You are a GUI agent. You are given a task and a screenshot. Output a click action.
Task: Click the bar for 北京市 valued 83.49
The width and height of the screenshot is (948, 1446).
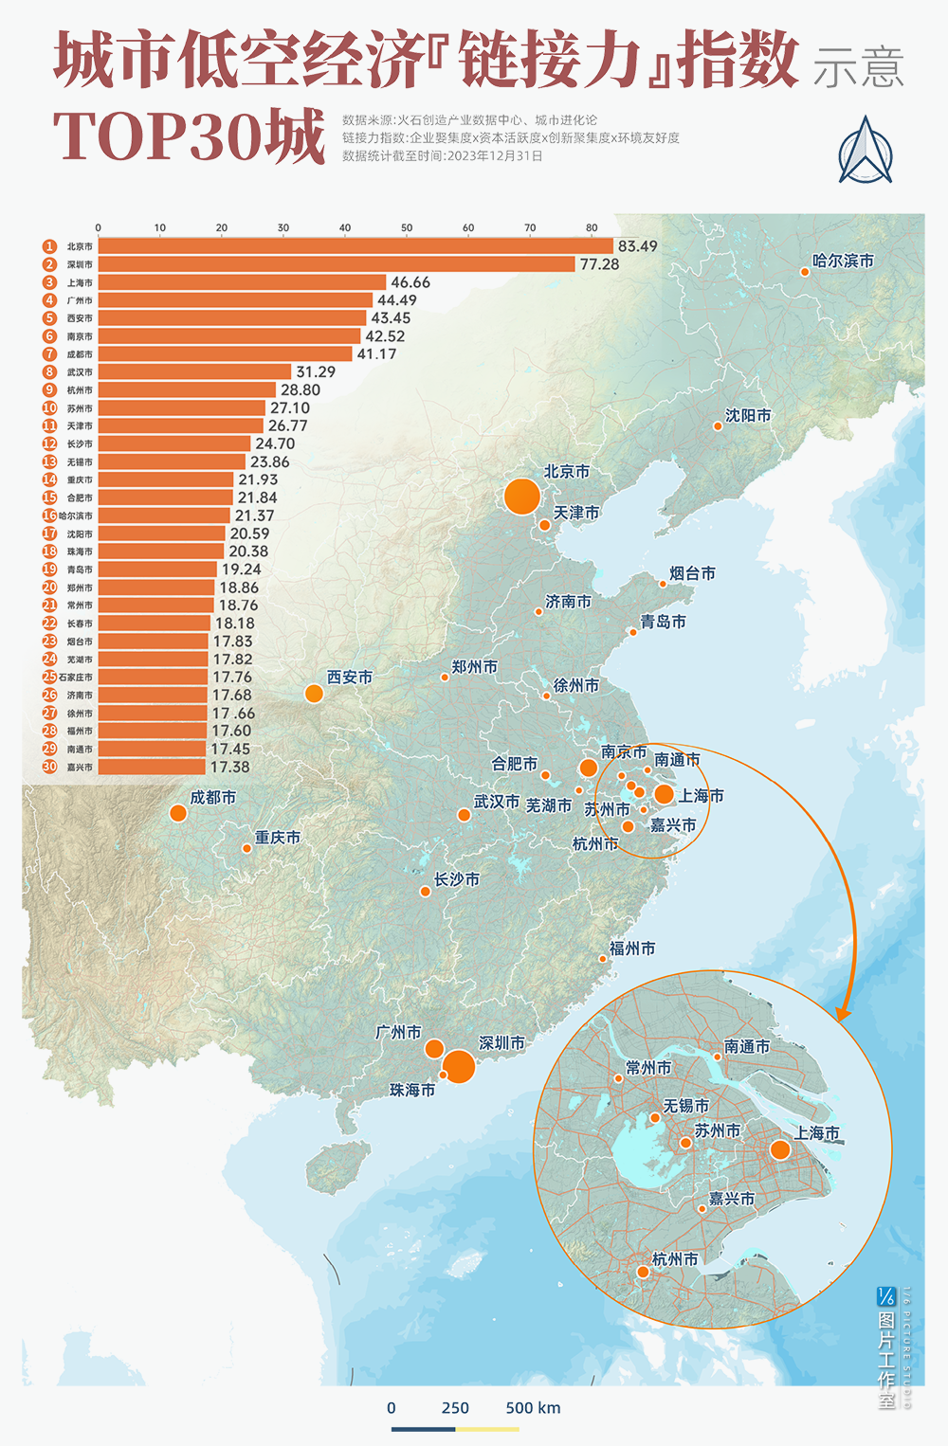click(355, 246)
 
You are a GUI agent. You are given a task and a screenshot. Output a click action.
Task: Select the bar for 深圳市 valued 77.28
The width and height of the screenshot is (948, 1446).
click(337, 264)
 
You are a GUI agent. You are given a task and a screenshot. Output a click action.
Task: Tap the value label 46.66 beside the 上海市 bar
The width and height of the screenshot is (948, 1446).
click(410, 282)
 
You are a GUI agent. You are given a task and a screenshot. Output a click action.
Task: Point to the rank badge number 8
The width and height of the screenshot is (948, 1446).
click(49, 372)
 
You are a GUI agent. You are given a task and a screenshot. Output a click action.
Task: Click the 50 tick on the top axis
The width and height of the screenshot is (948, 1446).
click(407, 228)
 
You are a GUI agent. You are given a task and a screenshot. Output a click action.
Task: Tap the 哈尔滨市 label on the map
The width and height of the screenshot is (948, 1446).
click(843, 261)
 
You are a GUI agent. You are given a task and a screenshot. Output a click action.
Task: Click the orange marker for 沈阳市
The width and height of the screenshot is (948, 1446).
click(718, 426)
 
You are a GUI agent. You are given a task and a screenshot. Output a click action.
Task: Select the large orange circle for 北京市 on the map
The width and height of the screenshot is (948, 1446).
click(521, 497)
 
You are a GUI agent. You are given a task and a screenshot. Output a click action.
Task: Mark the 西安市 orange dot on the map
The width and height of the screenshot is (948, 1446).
click(314, 694)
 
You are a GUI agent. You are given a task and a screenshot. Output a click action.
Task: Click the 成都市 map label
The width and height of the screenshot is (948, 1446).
click(213, 798)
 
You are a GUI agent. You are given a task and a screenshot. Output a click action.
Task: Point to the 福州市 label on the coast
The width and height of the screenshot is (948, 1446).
click(632, 949)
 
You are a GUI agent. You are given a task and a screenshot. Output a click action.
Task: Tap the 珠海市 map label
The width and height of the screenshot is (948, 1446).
click(412, 1091)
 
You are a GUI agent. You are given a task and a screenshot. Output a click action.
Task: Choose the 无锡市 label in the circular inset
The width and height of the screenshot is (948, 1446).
click(685, 1106)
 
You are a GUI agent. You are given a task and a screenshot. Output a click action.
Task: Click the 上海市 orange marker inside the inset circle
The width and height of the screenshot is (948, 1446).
click(780, 1149)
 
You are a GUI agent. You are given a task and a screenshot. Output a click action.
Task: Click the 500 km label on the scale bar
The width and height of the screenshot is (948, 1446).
click(533, 1408)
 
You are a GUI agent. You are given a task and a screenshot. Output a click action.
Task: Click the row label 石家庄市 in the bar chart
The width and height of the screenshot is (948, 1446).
click(76, 678)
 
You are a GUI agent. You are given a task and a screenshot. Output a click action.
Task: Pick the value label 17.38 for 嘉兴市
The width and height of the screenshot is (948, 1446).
click(230, 768)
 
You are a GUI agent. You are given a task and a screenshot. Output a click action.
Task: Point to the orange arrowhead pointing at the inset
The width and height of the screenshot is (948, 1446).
click(842, 1013)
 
